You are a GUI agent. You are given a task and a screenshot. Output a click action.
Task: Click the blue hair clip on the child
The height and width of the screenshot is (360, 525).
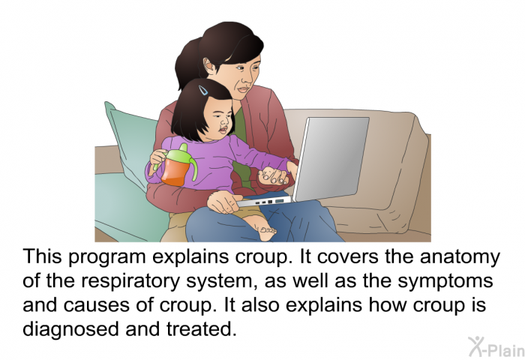(203, 91)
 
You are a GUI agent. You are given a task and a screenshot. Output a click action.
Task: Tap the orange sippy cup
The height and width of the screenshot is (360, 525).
(175, 167)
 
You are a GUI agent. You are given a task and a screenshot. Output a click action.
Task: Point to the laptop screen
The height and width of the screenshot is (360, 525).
(331, 158)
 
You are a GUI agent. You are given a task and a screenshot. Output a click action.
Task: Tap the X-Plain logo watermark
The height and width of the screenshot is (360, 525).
(496, 346)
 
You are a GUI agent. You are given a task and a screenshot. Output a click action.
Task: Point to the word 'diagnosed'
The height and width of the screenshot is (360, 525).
(71, 329)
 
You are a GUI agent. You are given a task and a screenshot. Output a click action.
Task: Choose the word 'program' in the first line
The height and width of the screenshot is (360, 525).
(107, 257)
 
